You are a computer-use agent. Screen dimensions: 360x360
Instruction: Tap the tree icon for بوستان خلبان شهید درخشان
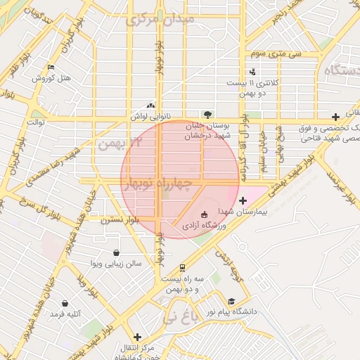(x=207, y=114)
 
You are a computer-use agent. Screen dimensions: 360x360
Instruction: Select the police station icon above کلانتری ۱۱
(x=252, y=72)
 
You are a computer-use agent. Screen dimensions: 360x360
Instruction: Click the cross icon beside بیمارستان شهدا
(x=243, y=200)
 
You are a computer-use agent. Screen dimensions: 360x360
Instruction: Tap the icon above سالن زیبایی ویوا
(x=116, y=253)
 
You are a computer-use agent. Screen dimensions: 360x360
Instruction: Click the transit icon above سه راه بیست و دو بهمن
(x=183, y=268)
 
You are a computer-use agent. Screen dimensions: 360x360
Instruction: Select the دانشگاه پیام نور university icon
(x=233, y=301)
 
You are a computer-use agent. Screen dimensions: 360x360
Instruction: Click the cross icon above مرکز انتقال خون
(x=138, y=337)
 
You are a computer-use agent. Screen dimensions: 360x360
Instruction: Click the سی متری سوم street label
(x=278, y=53)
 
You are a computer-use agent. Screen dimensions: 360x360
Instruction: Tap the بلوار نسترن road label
(x=120, y=219)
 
